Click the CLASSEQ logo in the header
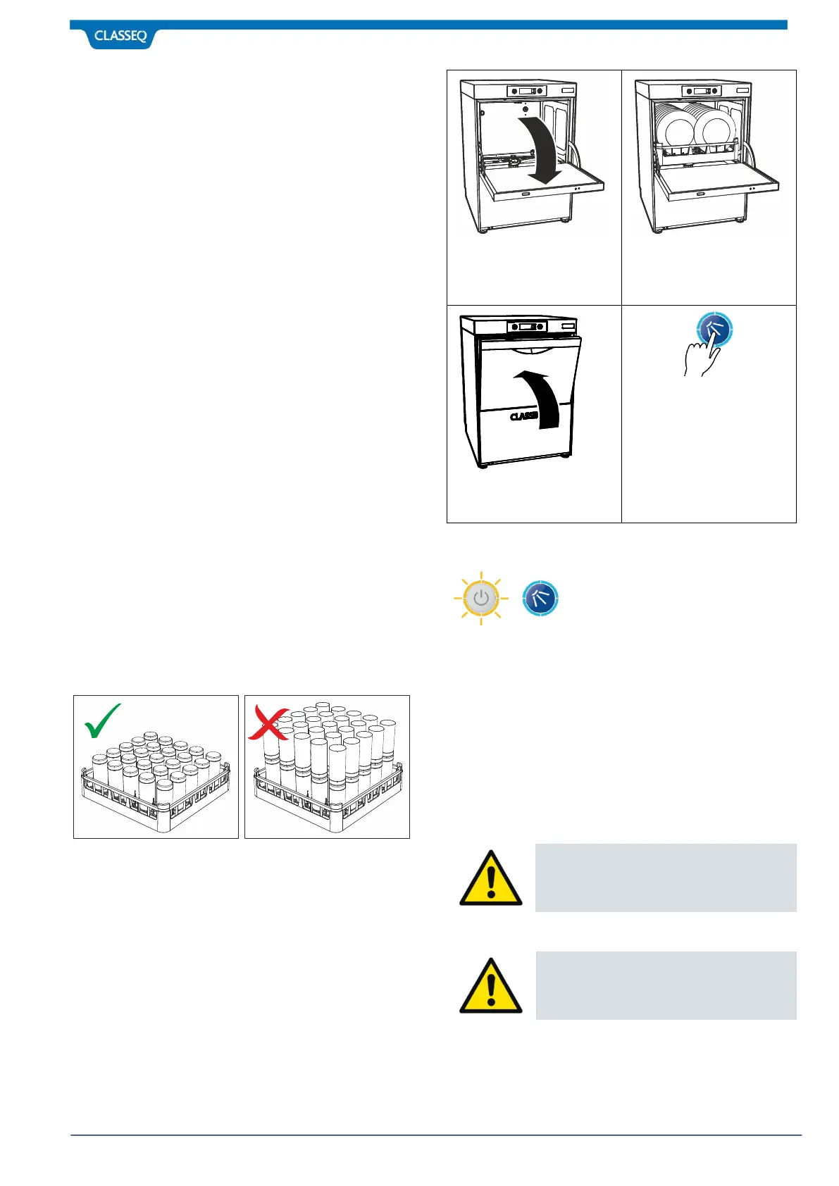pyautogui.click(x=120, y=36)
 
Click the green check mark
pyautogui.click(x=102, y=721)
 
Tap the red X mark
pyautogui.click(x=268, y=724)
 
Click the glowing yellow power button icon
pyautogui.click(x=481, y=599)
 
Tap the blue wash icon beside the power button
pyautogui.click(x=540, y=599)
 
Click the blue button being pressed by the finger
pyautogui.click(x=715, y=328)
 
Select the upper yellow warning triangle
pyautogui.click(x=491, y=879)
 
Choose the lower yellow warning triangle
pyautogui.click(x=491, y=986)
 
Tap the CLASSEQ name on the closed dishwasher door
pyautogui.click(x=524, y=416)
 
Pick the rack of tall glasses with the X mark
pyautogui.click(x=327, y=768)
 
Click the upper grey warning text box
pyautogui.click(x=666, y=878)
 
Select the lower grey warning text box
pyautogui.click(x=666, y=985)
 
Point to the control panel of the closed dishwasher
pyautogui.click(x=527, y=326)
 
